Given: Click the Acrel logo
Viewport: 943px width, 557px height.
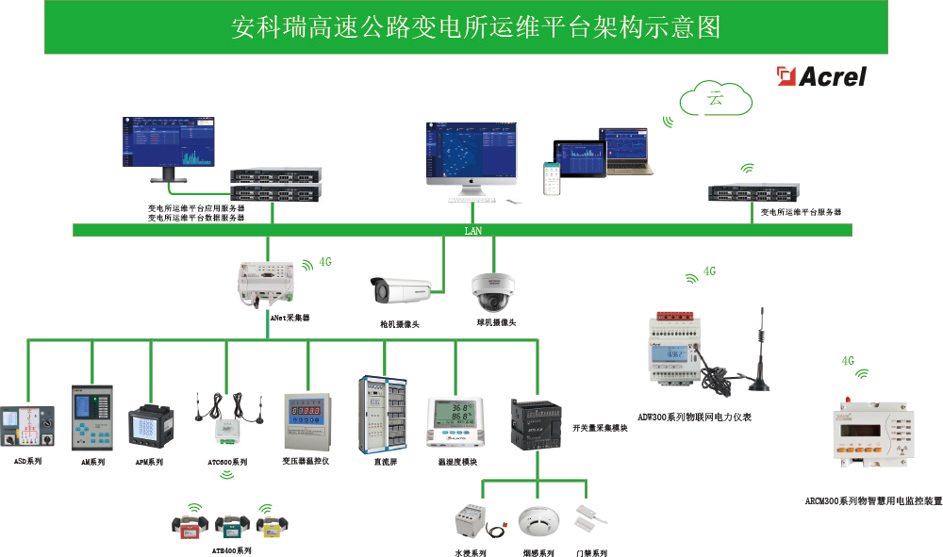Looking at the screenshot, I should point(820,76).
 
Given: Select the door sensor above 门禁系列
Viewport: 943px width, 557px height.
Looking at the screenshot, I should point(591,517).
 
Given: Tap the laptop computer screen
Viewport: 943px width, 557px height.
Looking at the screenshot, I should point(627,149).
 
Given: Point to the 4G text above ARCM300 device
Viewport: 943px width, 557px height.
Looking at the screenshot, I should point(848,361).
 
